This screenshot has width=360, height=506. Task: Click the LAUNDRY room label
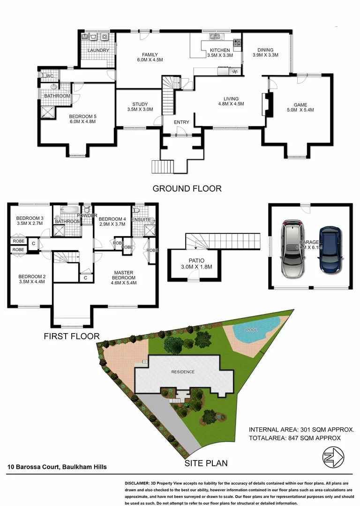coord(98,50)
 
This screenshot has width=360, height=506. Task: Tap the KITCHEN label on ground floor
coord(219,50)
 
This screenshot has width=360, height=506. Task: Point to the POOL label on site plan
coord(252,329)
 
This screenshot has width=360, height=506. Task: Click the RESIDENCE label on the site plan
coord(183,372)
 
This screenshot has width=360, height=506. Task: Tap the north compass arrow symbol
coord(333,455)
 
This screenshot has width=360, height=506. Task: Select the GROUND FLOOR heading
coord(187,189)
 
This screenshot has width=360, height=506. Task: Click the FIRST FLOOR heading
coord(71,336)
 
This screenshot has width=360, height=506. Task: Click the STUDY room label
coord(140,104)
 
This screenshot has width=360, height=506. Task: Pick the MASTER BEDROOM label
coord(124,275)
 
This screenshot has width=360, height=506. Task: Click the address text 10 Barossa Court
coord(57,467)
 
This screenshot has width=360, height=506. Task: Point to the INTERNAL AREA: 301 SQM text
coord(301,429)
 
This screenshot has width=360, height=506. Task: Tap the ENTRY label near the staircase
coord(181,122)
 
